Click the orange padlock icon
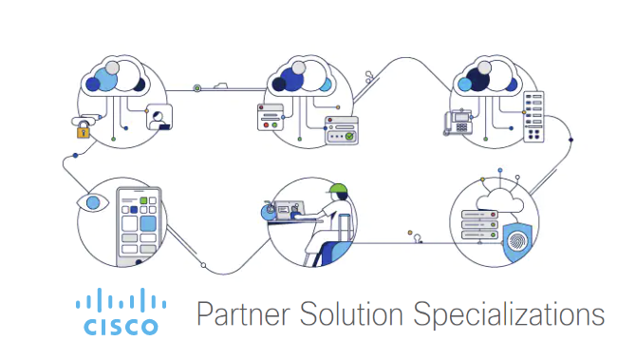[x=84, y=130]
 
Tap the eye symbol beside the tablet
[x=91, y=202]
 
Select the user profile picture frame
[x=159, y=117]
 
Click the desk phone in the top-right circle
[x=459, y=122]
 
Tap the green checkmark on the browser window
[x=349, y=137]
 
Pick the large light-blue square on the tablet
[x=147, y=224]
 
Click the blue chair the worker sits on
[x=329, y=252]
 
